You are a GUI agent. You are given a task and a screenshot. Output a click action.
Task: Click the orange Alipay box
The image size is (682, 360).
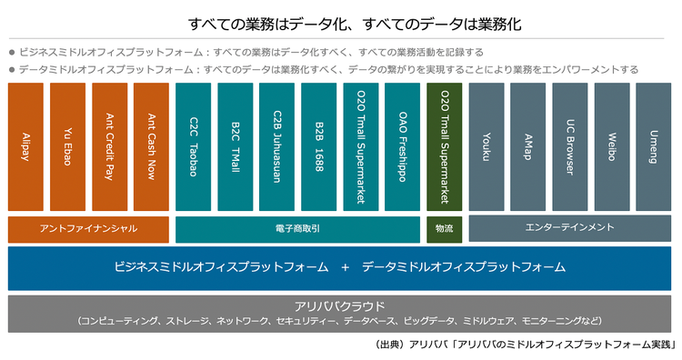tap(25, 147)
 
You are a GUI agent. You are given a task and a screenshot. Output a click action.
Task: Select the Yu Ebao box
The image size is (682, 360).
tap(67, 147)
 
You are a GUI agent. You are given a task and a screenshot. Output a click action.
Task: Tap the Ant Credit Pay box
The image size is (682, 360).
tap(109, 147)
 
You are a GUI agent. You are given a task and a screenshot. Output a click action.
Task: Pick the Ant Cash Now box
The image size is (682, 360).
tap(150, 147)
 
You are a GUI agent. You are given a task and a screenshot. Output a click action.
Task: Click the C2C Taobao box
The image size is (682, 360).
tap(193, 147)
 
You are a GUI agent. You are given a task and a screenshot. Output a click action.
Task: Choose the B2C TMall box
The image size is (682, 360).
tap(236, 147)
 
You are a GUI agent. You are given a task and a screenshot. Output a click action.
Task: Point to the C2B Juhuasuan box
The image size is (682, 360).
tap(277, 147)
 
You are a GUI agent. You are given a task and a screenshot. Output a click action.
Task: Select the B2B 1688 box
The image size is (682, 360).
tap(319, 147)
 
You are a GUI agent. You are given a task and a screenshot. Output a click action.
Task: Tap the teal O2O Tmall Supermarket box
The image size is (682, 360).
tap(361, 147)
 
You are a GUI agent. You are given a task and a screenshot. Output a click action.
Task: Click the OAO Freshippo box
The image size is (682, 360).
tap(403, 147)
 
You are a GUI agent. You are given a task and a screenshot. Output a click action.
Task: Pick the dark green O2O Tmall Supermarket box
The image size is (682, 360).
tap(445, 147)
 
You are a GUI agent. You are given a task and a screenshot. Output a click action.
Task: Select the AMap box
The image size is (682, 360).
tap(528, 147)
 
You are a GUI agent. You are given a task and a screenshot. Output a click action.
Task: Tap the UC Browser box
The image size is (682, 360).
tap(570, 147)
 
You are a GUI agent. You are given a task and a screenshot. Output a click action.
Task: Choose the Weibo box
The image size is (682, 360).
tap(612, 147)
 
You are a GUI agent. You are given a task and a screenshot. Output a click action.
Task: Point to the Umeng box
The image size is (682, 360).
tap(654, 147)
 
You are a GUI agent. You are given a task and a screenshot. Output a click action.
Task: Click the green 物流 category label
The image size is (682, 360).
tap(445, 228)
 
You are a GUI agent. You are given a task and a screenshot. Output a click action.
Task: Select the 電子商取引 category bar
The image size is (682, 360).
tap(297, 228)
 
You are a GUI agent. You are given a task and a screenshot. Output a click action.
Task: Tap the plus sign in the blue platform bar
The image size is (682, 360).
tap(346, 267)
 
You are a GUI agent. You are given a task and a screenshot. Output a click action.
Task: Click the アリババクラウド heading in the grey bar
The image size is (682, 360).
tap(340, 306)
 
